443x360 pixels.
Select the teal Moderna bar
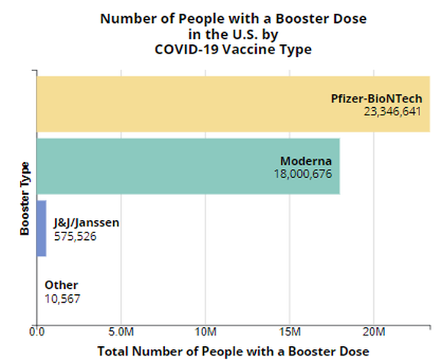tap(153, 166)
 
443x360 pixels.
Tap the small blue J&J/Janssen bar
tap(41, 229)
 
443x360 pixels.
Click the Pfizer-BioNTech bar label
tap(378, 99)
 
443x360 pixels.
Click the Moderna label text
tap(306, 161)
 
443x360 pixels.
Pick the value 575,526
tap(75, 236)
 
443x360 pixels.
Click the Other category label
tap(61, 285)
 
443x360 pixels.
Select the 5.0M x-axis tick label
tap(121, 332)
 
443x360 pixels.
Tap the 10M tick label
tap(205, 332)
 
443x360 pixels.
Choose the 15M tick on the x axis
tap(289, 332)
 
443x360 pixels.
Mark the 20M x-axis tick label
tap(373, 332)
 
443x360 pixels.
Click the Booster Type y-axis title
tap(24, 198)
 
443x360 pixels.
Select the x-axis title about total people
tap(233, 351)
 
